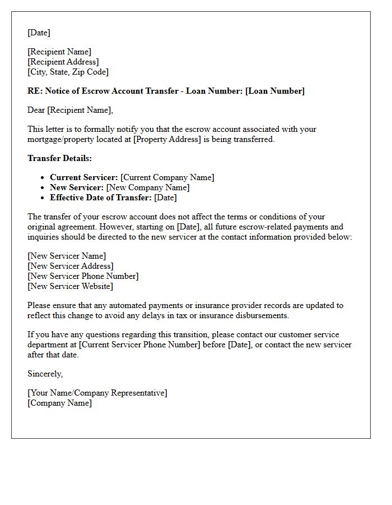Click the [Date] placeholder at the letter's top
point(39,33)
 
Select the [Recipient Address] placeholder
point(63,62)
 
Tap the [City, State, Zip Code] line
point(68,72)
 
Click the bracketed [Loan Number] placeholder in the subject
point(275,91)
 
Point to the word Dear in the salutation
point(36,110)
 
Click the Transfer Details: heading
point(60,158)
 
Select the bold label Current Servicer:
point(84,177)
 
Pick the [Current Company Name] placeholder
point(167,177)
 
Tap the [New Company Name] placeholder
point(148,187)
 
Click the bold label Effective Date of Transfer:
point(101,198)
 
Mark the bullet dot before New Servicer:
point(44,188)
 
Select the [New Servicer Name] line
point(67,256)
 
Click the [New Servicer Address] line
point(71,266)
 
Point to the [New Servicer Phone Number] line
point(83,276)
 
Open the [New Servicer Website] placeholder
point(70,286)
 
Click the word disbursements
point(262,315)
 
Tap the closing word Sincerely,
point(45,374)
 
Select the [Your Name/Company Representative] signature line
point(97,393)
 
